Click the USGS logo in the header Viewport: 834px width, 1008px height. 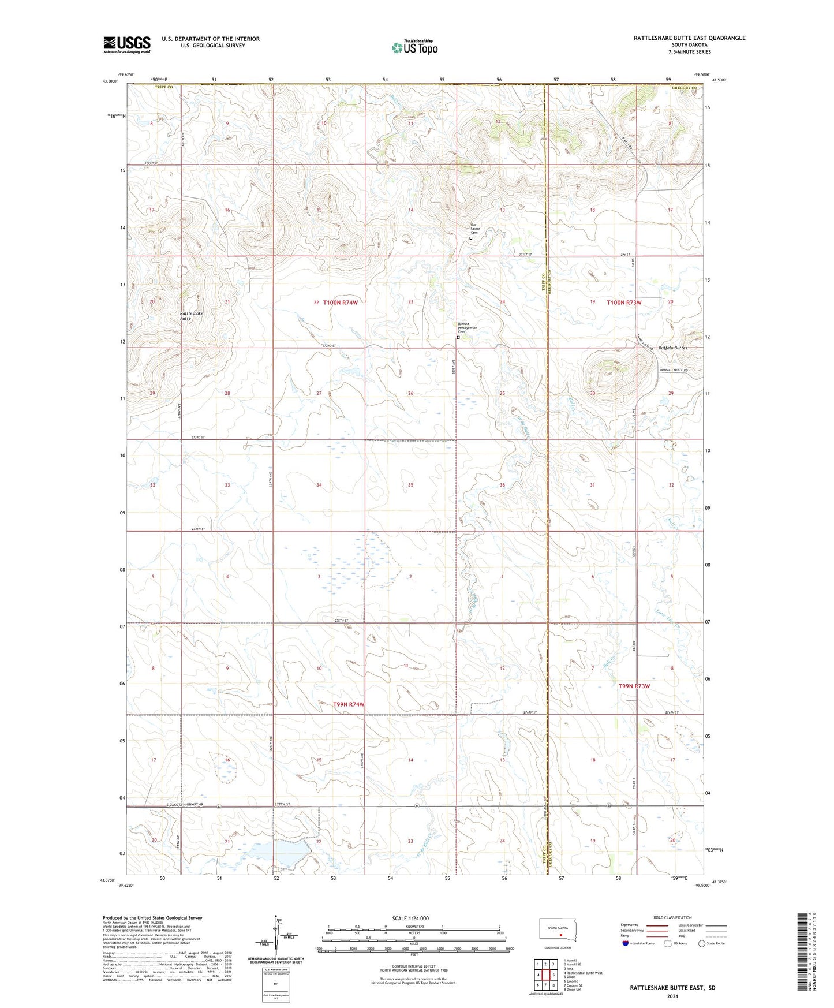coord(127,44)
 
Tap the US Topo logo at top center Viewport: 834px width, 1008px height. coord(414,47)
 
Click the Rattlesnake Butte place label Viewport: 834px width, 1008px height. coord(191,316)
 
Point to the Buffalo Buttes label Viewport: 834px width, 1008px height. coord(672,348)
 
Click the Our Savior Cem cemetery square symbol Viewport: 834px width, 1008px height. coord(471,238)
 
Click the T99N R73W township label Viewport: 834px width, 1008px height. coord(634,686)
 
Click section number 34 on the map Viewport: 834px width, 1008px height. coord(319,485)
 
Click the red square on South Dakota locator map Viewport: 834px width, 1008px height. coord(560,937)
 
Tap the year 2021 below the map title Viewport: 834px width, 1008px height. coord(672,996)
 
